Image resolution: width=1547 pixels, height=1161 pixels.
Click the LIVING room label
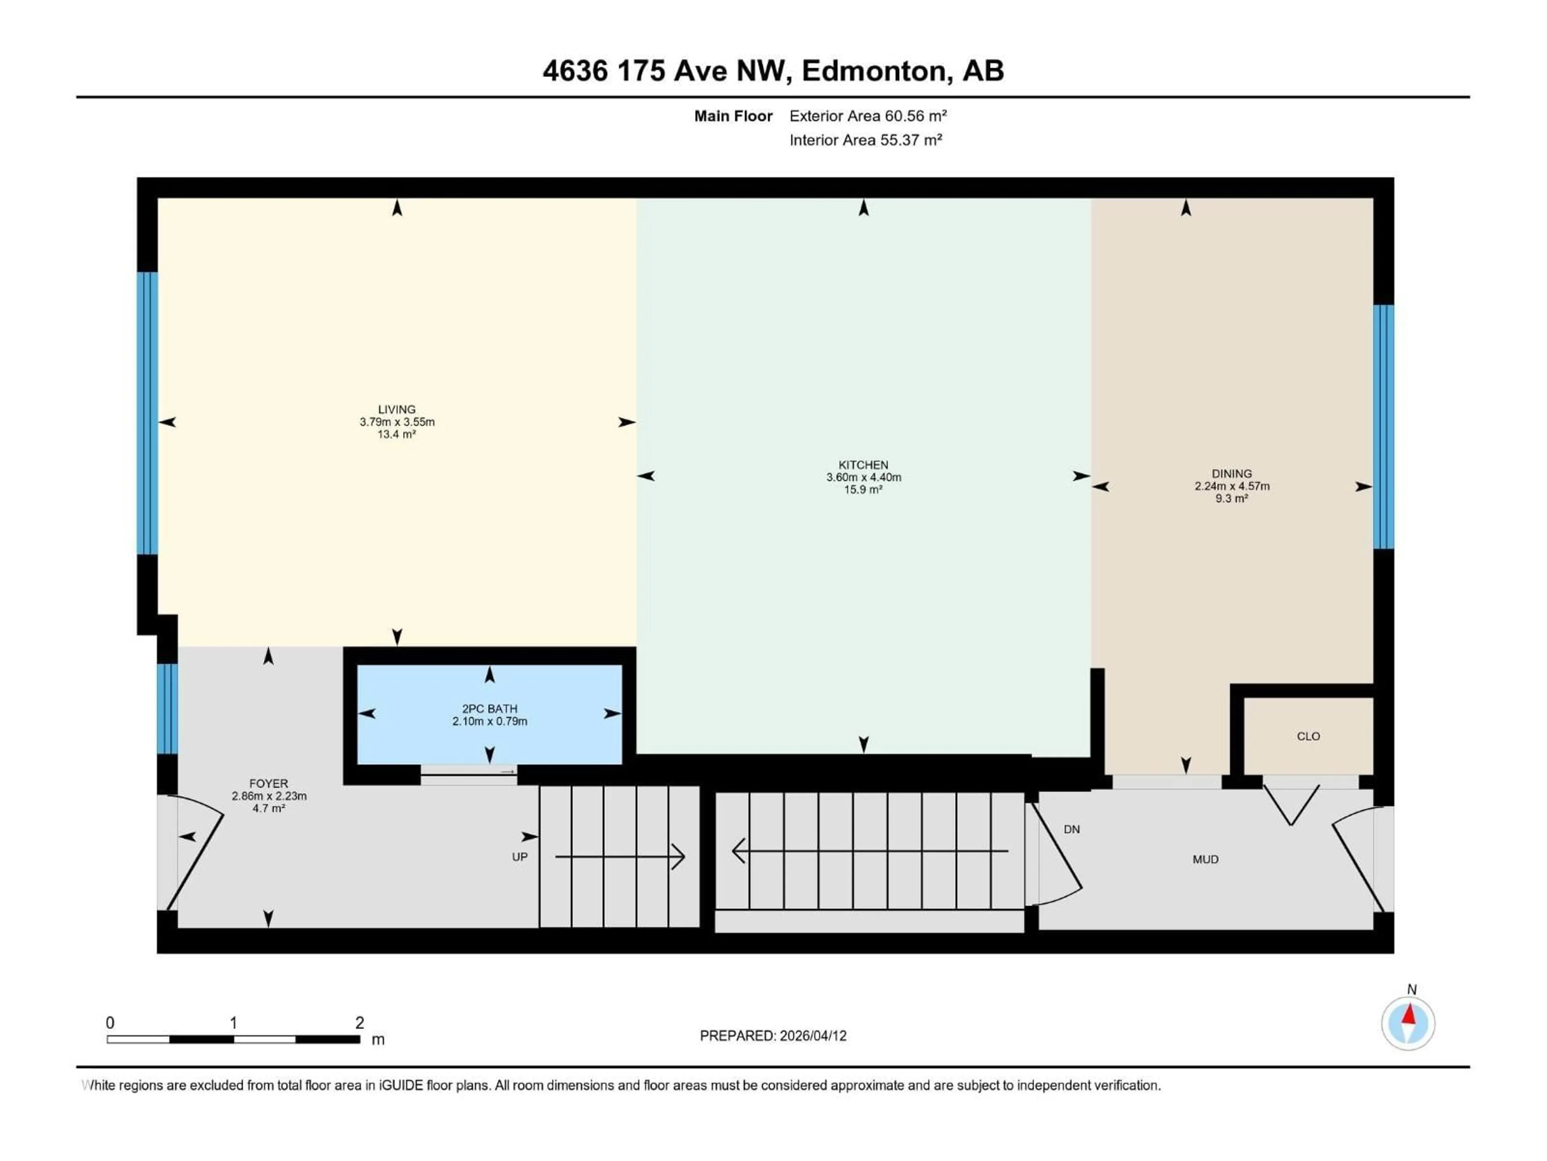(396, 410)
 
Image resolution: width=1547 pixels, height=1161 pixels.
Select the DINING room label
(1232, 474)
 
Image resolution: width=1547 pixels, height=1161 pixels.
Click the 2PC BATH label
(489, 709)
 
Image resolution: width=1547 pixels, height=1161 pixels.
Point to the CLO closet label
(1308, 736)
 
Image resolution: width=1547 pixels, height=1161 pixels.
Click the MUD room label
(1205, 859)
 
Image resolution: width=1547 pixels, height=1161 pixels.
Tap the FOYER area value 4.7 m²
(269, 808)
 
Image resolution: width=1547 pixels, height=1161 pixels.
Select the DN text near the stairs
(1072, 829)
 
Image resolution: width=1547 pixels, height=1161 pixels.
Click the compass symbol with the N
(1408, 1023)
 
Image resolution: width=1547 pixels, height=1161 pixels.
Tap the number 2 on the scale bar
(359, 1022)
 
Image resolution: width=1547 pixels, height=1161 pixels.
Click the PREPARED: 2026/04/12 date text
(773, 1036)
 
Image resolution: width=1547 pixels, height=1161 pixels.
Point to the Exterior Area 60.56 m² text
(868, 116)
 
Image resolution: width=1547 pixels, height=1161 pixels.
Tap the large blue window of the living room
(147, 413)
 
